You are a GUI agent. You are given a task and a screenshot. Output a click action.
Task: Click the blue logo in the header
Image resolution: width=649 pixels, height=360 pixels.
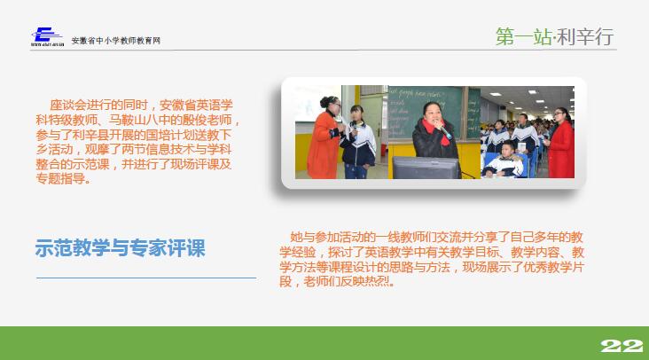(x=47, y=36)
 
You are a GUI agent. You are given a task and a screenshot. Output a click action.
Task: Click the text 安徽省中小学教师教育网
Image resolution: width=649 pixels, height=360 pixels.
(x=116, y=41)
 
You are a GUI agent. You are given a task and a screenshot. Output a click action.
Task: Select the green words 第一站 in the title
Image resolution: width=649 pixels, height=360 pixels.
(x=523, y=37)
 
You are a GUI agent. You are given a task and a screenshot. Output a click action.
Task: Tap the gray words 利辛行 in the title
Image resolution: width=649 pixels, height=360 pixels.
(x=585, y=37)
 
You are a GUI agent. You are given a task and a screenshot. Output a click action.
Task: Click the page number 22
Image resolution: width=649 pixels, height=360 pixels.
(x=622, y=346)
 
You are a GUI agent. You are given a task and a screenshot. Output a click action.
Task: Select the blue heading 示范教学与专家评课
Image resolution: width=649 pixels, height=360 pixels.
(x=120, y=248)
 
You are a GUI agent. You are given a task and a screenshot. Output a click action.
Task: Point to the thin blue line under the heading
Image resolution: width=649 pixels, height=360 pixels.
(x=146, y=278)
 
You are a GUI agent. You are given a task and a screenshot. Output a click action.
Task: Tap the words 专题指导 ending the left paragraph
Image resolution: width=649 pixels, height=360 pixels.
(x=60, y=179)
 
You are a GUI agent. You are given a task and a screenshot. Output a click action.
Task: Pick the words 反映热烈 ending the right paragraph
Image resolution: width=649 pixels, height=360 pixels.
(x=365, y=281)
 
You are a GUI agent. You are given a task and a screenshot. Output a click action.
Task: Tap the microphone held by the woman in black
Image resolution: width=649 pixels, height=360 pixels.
(x=444, y=132)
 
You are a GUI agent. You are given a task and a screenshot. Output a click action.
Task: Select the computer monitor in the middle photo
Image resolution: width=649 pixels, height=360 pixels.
(x=426, y=168)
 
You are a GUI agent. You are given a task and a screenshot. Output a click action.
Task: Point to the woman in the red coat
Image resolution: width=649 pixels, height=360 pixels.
(x=560, y=143)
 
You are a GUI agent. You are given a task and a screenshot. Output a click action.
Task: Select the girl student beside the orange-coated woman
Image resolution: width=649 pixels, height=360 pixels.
(x=358, y=142)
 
